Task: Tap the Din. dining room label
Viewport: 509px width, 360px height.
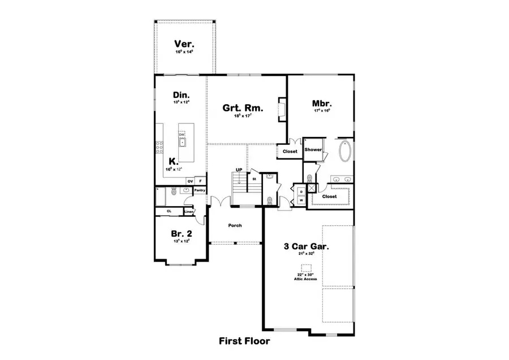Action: coord(181,95)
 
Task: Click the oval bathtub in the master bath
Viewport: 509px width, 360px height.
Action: coord(344,152)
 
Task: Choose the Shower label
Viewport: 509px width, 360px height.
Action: coord(313,150)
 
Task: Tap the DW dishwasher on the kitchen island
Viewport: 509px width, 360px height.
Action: coord(182,134)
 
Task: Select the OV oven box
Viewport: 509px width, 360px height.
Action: coord(189,181)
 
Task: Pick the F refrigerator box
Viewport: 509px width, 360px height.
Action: coord(200,181)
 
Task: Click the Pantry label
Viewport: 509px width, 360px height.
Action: coord(200,191)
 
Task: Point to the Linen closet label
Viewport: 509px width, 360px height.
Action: coord(188,212)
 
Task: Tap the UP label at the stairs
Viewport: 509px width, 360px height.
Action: coord(239,169)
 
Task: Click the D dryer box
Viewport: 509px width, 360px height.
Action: coord(301,192)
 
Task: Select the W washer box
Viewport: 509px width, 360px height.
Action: coord(301,200)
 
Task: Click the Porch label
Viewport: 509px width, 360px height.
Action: coord(235,225)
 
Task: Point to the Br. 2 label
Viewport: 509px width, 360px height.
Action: coord(181,233)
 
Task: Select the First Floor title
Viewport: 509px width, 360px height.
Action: coord(244,341)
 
